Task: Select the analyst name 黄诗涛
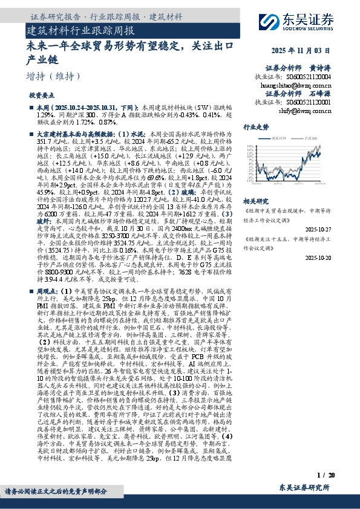[322, 68]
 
